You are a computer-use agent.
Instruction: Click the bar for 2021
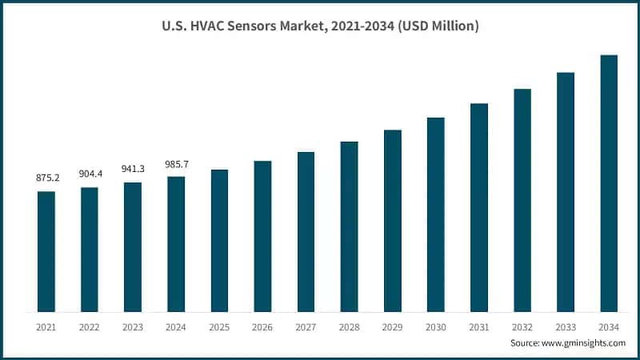point(46,252)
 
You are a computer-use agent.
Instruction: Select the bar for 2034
point(609,184)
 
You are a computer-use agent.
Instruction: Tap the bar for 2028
point(349,227)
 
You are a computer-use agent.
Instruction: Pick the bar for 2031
point(479,208)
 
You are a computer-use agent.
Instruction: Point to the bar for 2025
point(219,241)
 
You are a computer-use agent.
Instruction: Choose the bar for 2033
point(566,192)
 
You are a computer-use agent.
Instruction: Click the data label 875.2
point(46,178)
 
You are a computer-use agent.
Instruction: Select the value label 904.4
point(90,174)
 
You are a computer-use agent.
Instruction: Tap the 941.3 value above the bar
point(133,170)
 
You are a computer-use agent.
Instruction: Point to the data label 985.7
point(176,164)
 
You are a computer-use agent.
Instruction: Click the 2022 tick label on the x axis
point(90,326)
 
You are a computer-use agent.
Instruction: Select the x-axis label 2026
point(262,326)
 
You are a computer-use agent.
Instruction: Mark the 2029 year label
point(392,326)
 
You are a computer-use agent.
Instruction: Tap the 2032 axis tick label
point(522,326)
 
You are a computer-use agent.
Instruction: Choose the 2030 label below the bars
point(436,326)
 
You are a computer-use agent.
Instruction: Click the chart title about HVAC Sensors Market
point(320,26)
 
